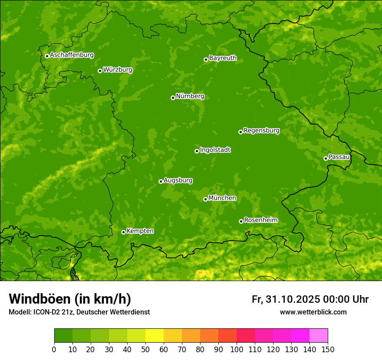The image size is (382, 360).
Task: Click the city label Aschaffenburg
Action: point(72,55)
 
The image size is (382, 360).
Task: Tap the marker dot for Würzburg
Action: point(100,71)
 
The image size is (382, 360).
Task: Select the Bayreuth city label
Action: point(223,58)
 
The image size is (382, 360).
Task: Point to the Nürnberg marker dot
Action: point(173,98)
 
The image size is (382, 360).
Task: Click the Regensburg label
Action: point(261,130)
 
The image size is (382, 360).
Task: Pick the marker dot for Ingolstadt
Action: point(197,151)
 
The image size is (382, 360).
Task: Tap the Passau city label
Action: point(339,157)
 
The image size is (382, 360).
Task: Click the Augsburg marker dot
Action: point(161,181)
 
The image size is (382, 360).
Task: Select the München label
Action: point(222,198)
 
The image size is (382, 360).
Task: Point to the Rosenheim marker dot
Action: point(241,221)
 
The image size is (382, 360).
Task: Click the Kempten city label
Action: point(140,231)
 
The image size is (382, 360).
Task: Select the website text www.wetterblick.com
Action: point(313,312)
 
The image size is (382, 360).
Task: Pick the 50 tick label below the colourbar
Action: point(145,349)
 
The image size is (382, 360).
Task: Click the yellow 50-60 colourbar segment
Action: point(155,335)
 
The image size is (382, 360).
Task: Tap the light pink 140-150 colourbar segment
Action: point(319,335)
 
